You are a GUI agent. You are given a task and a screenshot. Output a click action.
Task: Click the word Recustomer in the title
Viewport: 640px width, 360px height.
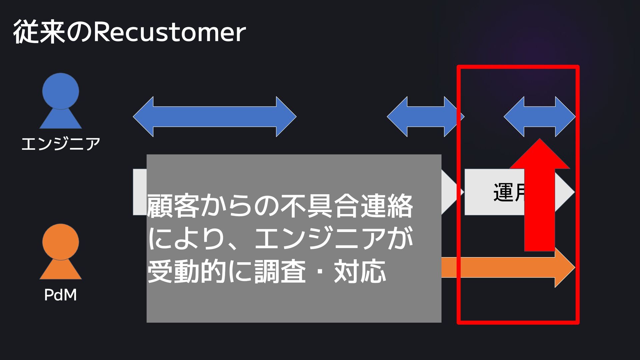[169, 33]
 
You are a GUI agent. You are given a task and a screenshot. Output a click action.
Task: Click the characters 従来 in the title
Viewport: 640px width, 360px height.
[39, 33]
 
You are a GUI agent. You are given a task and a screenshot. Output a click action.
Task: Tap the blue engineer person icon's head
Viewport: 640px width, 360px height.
[61, 91]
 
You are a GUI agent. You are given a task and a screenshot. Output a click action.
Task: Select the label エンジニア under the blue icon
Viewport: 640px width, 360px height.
[61, 144]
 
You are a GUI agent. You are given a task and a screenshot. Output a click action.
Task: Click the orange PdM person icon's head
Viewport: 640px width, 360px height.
[61, 241]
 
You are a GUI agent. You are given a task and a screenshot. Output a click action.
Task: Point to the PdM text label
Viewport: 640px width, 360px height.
[60, 295]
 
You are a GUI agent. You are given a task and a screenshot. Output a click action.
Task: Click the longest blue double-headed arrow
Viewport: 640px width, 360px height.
[215, 117]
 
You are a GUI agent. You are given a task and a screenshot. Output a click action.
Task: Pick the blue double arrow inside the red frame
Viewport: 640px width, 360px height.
[539, 117]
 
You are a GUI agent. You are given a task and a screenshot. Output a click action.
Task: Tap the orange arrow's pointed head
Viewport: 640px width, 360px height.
[565, 267]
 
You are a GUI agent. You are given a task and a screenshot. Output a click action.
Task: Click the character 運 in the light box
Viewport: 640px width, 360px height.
[503, 192]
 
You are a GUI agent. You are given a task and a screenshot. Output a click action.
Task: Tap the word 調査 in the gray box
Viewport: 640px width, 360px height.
[280, 271]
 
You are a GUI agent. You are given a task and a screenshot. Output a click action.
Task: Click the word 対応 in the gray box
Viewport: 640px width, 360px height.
[360, 271]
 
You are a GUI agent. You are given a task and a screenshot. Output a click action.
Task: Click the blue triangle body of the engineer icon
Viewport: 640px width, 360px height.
[61, 120]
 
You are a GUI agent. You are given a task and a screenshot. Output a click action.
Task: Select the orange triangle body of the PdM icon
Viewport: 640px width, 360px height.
[61, 271]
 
